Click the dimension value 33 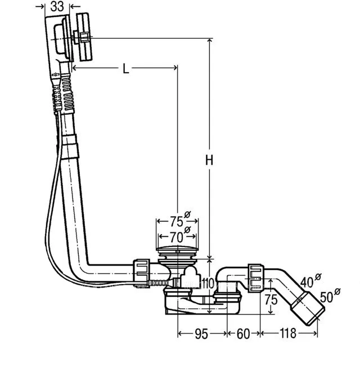(56, 7)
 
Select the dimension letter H (209, 160)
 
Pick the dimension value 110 (209, 284)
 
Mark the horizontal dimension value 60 (243, 334)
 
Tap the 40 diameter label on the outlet (309, 281)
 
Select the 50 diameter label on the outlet (328, 295)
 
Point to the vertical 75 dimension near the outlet (271, 300)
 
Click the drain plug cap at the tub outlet (178, 250)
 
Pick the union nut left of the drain (142, 272)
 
